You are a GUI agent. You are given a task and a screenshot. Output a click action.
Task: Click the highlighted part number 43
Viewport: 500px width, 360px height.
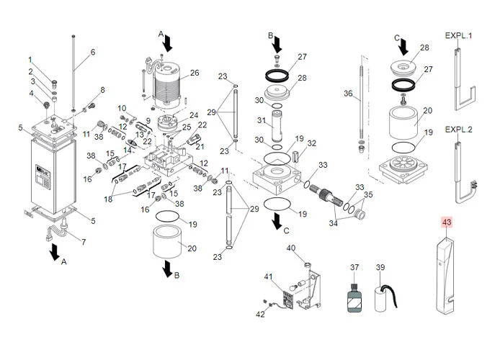pyautogui.click(x=446, y=222)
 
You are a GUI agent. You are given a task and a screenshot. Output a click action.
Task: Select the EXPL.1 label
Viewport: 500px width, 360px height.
pyautogui.click(x=457, y=35)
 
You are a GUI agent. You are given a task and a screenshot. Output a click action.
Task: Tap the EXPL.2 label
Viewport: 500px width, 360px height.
pyautogui.click(x=457, y=130)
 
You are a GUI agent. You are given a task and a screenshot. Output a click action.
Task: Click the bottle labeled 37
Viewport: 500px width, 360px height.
pyautogui.click(x=354, y=296)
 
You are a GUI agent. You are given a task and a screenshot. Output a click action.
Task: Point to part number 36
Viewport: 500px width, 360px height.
pyautogui.click(x=348, y=94)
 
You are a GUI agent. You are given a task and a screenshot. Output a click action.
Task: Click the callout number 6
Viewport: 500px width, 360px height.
pyautogui.click(x=92, y=52)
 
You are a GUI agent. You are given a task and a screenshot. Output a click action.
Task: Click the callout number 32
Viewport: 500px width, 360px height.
pyautogui.click(x=312, y=143)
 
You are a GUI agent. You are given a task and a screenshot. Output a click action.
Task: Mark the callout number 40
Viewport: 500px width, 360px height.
pyautogui.click(x=291, y=248)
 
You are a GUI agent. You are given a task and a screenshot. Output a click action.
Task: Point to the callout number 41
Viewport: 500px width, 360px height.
pyautogui.click(x=269, y=277)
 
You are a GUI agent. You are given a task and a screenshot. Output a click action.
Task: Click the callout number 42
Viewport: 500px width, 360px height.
pyautogui.click(x=260, y=314)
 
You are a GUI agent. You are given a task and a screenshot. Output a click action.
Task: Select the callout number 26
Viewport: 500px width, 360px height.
pyautogui.click(x=194, y=73)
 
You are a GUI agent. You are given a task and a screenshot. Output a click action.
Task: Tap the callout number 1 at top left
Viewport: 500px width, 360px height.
pyautogui.click(x=30, y=59)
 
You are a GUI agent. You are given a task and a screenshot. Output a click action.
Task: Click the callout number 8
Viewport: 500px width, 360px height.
pyautogui.click(x=102, y=89)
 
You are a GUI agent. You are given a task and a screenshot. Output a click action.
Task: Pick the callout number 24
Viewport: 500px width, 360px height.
pyautogui.click(x=193, y=115)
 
